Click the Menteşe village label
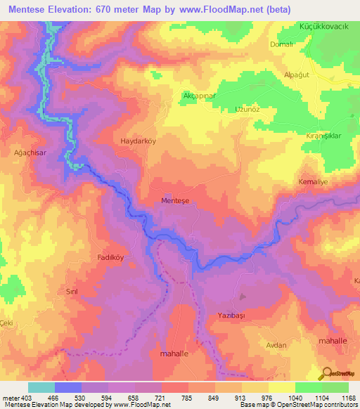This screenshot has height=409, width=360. click(x=176, y=200)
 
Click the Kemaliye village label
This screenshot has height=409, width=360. click(x=314, y=181)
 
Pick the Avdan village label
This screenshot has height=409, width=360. click(x=276, y=345)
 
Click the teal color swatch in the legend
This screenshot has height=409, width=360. click(x=41, y=387)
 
